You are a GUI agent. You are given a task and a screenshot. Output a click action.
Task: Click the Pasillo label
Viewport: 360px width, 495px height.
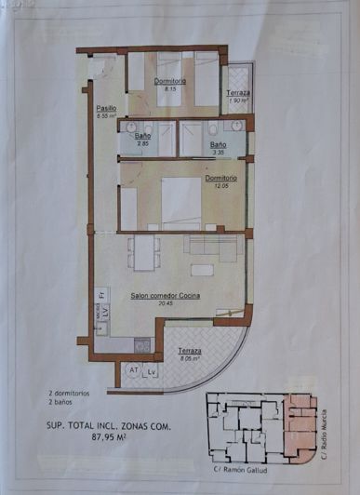click(x=104, y=108)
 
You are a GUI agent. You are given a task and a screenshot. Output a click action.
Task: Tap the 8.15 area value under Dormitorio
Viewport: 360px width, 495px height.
click(x=170, y=89)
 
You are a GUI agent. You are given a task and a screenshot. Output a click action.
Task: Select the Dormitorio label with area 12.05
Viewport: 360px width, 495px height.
click(x=220, y=177)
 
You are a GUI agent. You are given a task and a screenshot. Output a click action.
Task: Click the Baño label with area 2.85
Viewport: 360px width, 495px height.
click(x=142, y=136)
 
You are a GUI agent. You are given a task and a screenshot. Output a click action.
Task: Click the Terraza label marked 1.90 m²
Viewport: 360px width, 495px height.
click(x=237, y=96)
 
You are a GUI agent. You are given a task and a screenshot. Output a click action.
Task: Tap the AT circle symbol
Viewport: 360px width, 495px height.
click(x=134, y=370)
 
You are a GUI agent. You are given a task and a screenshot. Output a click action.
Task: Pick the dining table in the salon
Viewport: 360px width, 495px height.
click(x=143, y=251)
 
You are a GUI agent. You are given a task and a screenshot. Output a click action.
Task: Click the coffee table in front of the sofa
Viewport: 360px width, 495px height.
click(x=200, y=269)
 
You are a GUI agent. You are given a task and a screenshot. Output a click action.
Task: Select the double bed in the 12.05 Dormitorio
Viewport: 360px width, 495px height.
click(x=180, y=203)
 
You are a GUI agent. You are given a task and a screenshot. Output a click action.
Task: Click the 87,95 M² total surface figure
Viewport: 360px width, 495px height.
click(x=109, y=441)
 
